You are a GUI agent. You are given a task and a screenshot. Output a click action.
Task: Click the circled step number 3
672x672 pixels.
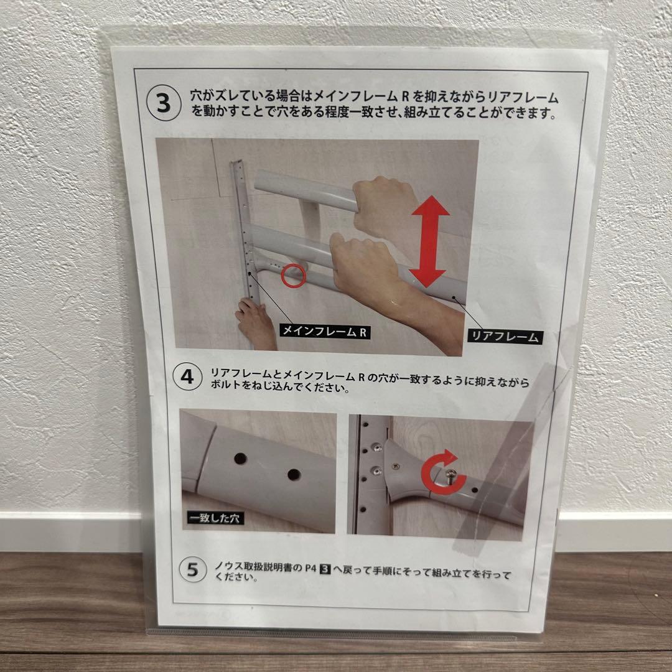164,103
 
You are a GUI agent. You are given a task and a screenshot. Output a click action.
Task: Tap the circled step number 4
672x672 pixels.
187,376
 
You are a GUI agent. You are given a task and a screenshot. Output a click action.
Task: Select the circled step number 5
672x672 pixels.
193,569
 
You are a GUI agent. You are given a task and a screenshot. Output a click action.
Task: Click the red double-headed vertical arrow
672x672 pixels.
429,241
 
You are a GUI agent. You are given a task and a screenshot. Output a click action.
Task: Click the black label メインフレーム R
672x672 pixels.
324,332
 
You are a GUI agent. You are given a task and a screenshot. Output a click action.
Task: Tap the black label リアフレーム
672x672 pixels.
505,337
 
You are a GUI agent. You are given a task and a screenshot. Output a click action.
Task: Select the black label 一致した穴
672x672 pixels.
215,518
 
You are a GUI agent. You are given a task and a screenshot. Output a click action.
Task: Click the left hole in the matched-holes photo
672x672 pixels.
240,459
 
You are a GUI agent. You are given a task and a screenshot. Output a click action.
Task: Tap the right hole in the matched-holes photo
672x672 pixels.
294,474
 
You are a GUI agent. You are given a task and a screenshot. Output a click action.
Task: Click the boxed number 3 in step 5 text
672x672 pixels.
325,569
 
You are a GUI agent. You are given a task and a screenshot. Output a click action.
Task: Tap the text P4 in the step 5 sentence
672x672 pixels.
310,568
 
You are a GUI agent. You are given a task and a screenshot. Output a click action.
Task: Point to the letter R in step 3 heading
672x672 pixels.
406,96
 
